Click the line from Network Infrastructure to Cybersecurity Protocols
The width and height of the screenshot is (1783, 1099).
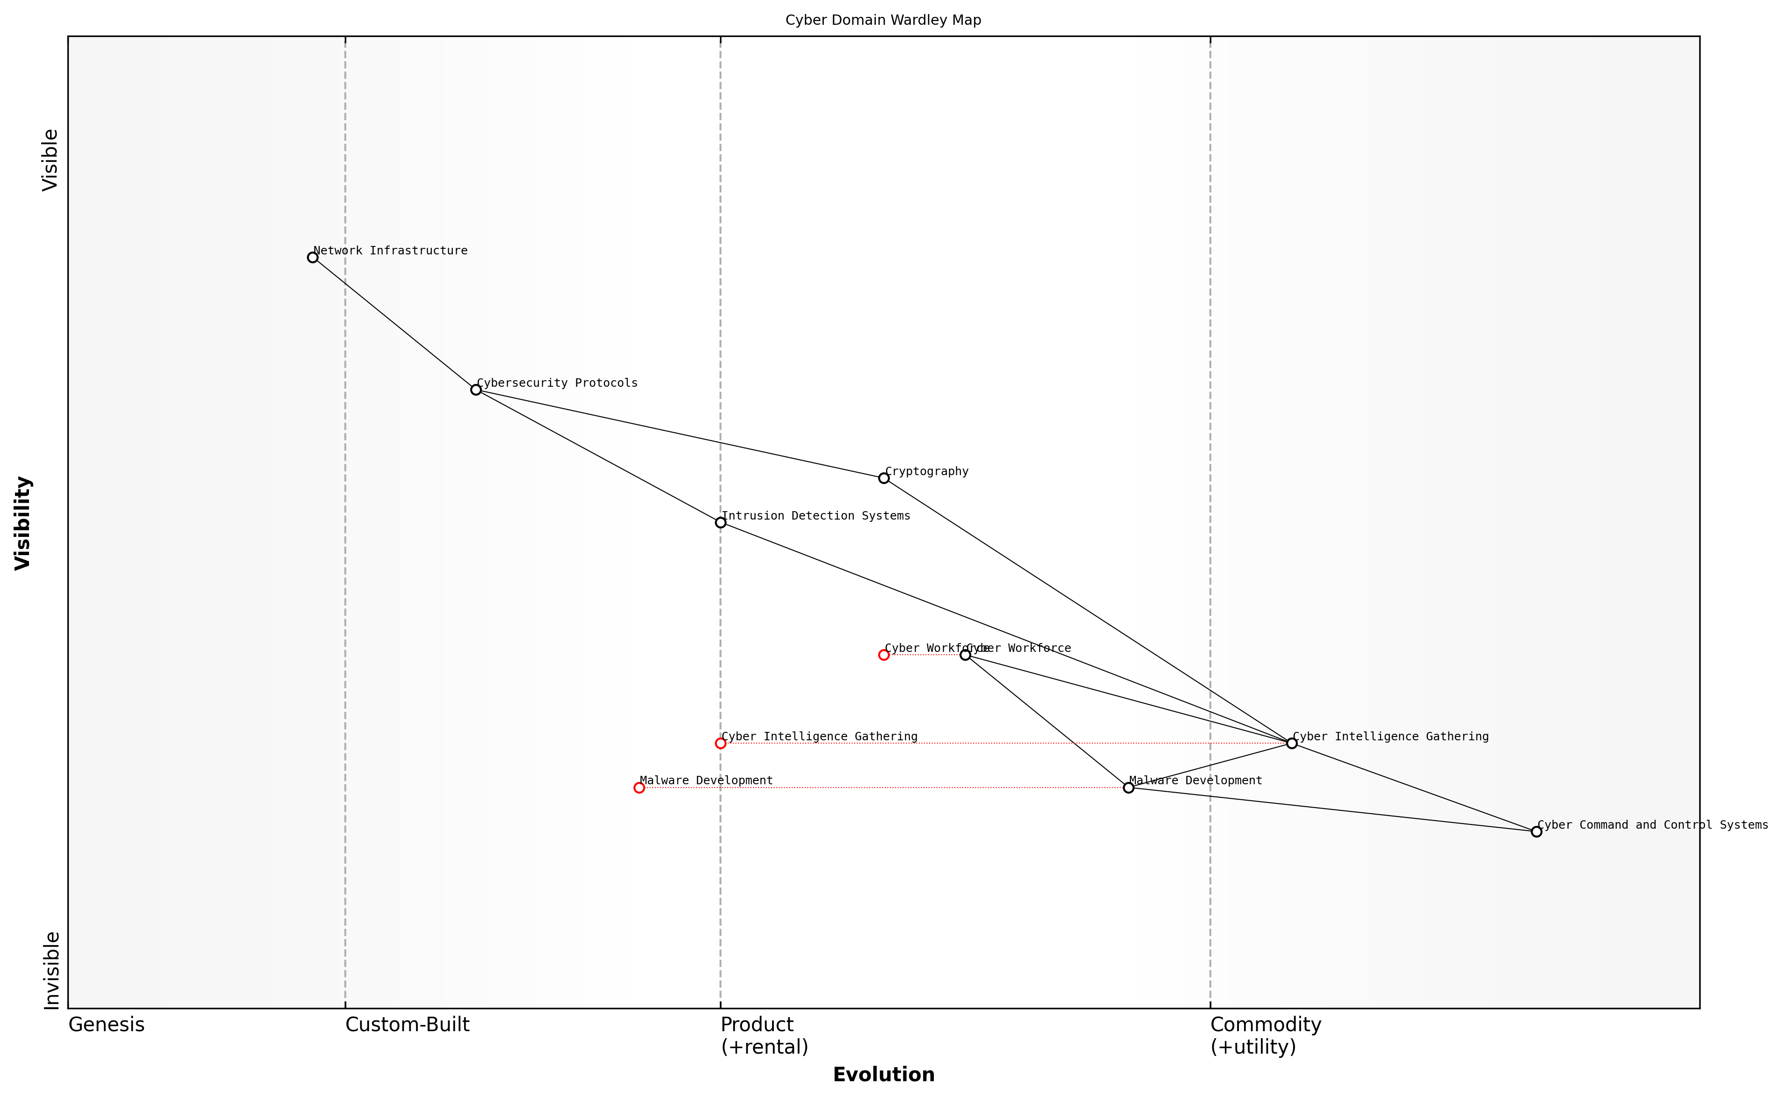pos(394,324)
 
